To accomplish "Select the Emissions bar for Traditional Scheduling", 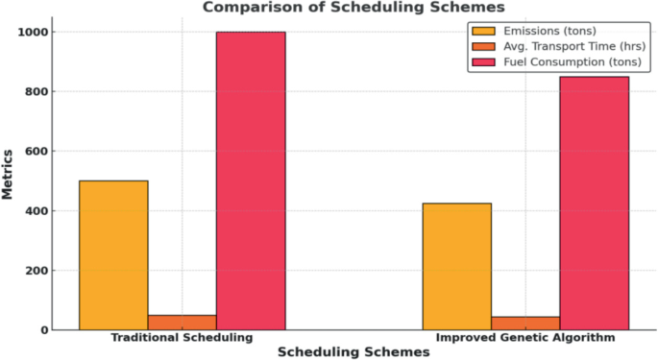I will coord(113,254).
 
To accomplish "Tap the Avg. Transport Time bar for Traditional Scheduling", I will coord(183,323).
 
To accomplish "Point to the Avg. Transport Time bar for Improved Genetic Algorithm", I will coord(525,323).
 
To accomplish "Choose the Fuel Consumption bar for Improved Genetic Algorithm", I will coord(594,203).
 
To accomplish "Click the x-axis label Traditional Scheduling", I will coord(182,339).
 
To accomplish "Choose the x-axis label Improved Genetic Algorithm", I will coord(525,339).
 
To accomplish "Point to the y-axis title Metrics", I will coord(8,175).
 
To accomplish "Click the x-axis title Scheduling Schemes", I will coord(353,352).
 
